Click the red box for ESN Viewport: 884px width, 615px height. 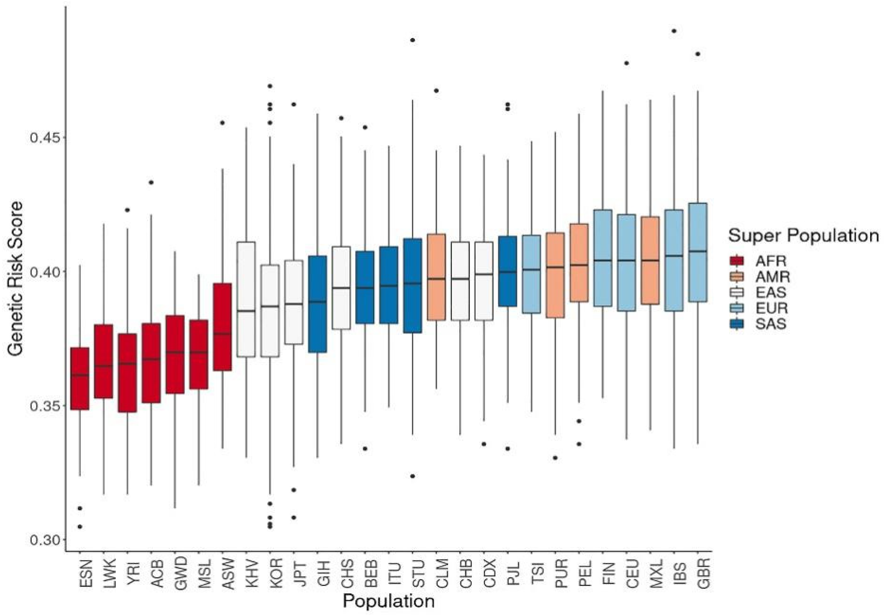(80, 379)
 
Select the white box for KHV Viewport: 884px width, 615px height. (246, 299)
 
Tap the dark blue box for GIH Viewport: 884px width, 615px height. (317, 304)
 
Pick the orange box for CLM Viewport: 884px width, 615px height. (436, 277)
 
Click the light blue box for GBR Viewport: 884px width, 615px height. (698, 252)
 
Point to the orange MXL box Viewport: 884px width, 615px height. (650, 260)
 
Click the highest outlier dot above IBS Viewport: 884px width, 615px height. (674, 31)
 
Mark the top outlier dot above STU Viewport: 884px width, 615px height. (413, 40)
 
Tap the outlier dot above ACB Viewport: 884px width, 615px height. (151, 182)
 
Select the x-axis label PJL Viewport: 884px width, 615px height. (508, 574)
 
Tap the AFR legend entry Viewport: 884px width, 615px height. (757, 261)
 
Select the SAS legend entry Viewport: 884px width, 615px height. (757, 324)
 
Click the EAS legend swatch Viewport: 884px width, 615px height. (737, 292)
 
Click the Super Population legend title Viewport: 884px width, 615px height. (803, 235)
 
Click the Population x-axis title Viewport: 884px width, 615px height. (389, 601)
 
